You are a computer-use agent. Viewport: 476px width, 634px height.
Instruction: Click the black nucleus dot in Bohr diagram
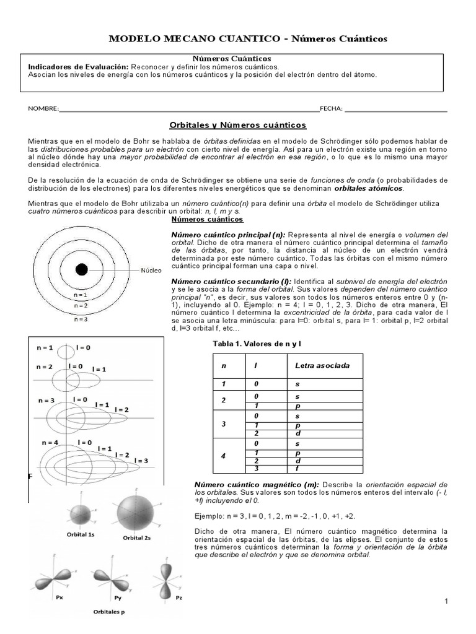[81, 269]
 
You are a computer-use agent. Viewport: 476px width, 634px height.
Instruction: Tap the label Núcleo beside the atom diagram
[151, 271]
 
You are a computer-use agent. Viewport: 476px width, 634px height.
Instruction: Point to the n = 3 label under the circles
[81, 319]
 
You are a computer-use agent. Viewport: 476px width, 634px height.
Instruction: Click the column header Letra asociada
[322, 365]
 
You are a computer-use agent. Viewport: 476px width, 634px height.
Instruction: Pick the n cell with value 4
[224, 456]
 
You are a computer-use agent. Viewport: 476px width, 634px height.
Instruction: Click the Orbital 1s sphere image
[81, 514]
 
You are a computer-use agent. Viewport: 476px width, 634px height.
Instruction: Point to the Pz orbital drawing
[178, 576]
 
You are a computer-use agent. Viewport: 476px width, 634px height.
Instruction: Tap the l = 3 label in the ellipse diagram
[142, 461]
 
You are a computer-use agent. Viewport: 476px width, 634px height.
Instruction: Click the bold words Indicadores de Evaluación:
[78, 66]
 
